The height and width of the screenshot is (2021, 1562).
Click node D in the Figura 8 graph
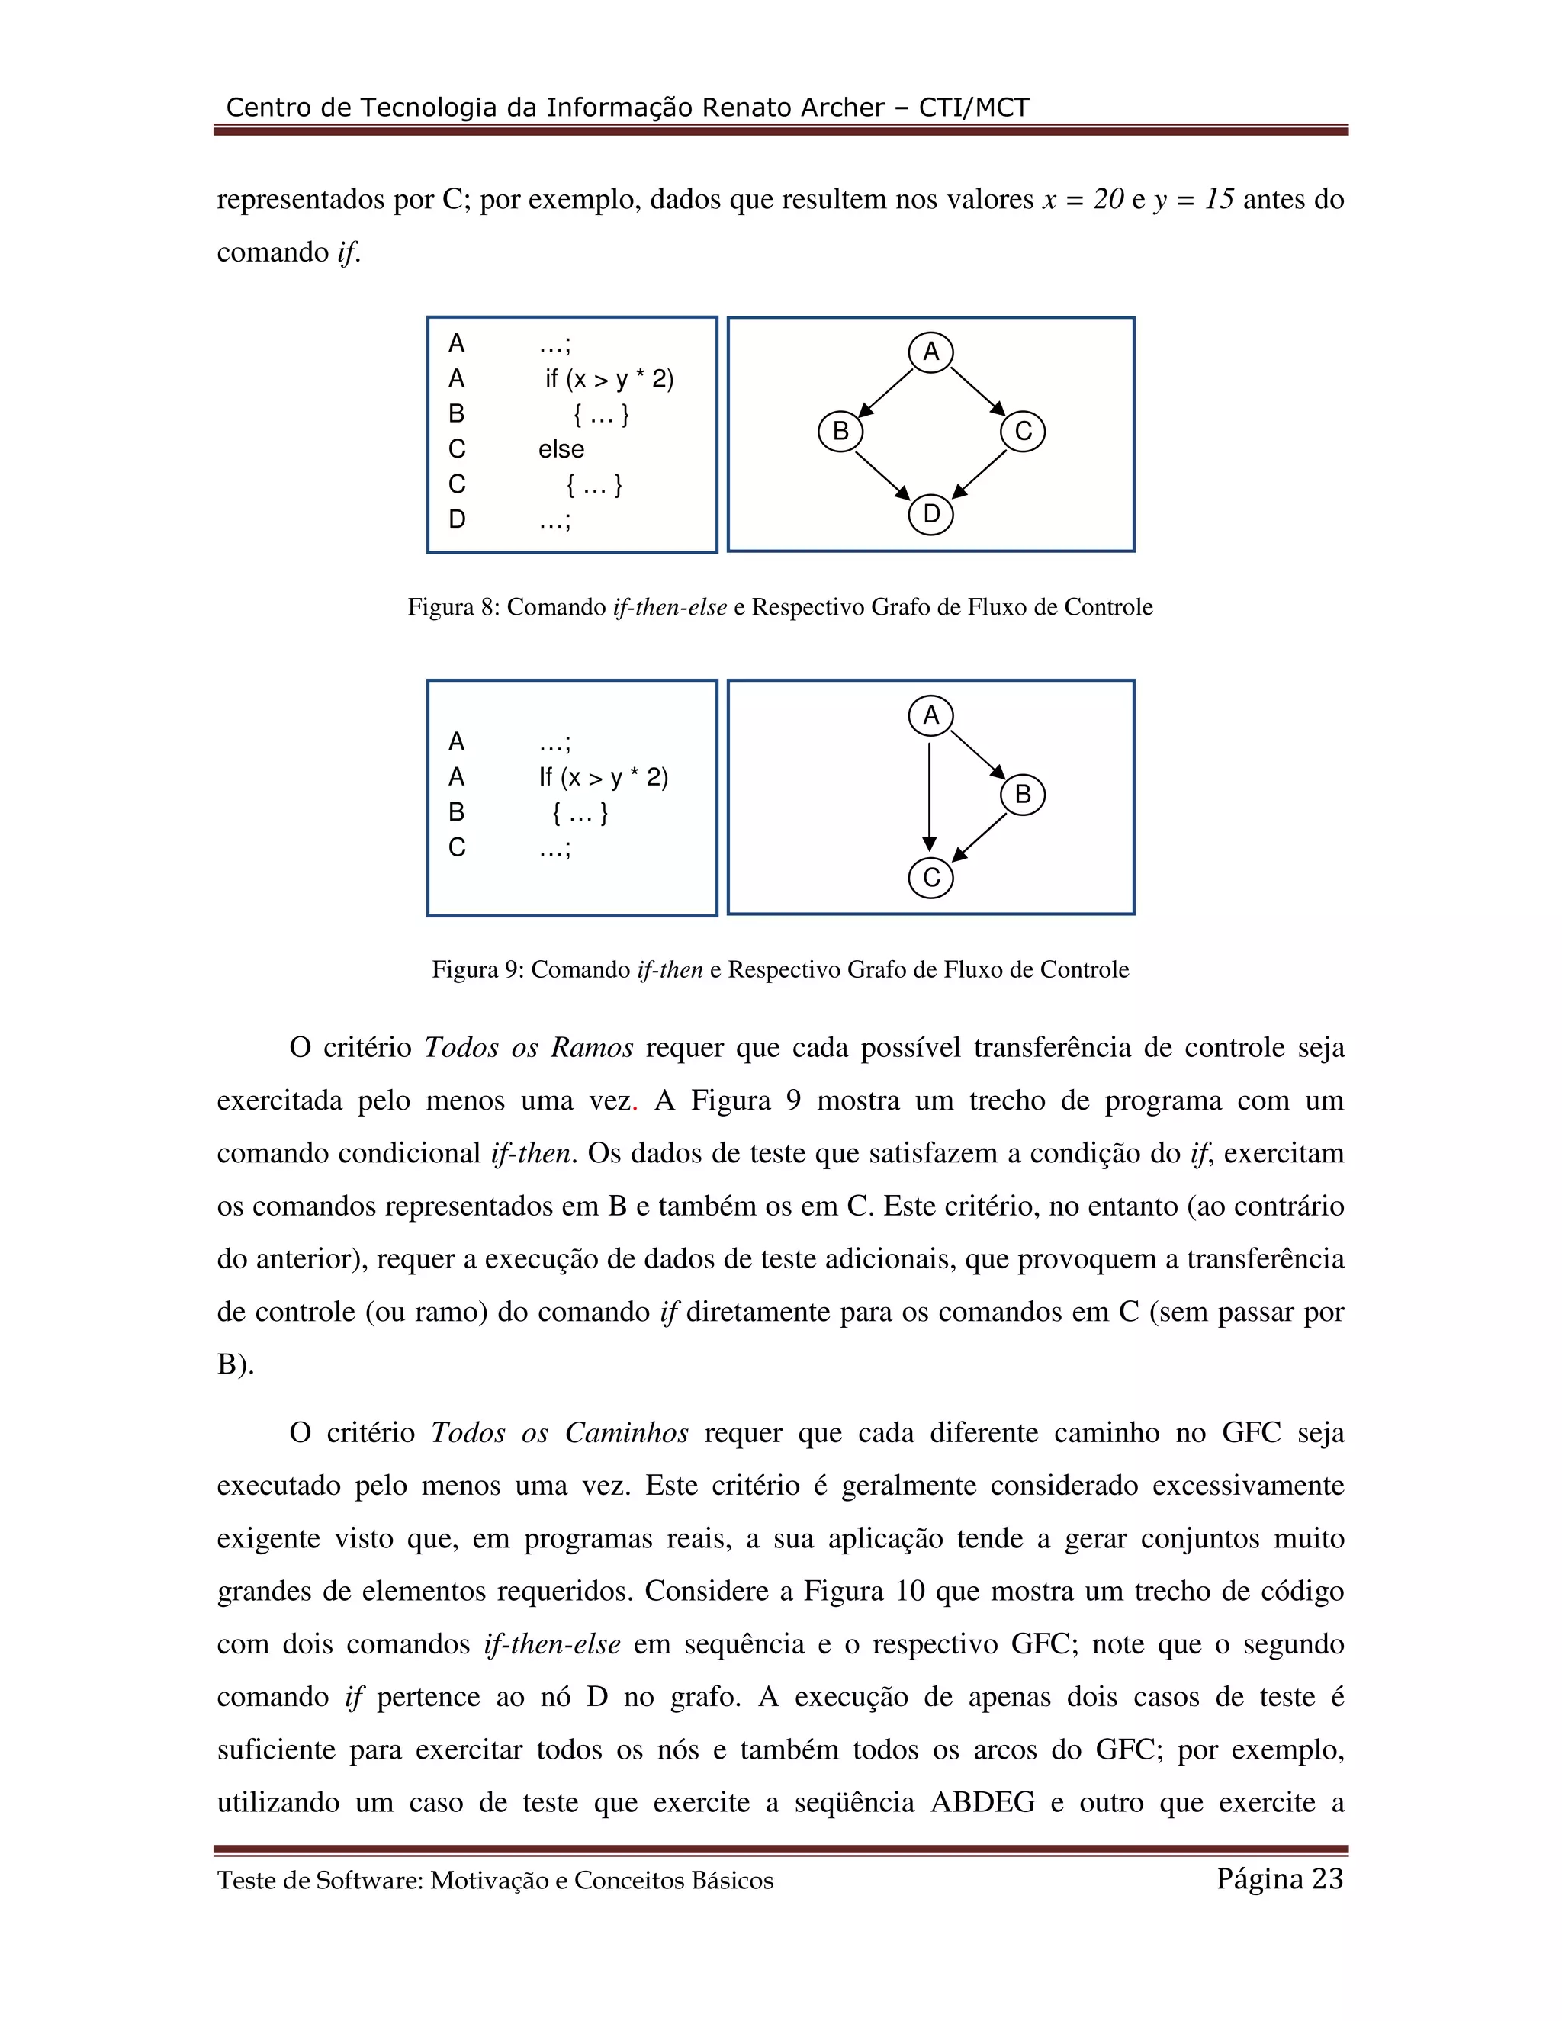coord(931,513)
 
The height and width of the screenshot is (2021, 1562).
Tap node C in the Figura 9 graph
coord(931,877)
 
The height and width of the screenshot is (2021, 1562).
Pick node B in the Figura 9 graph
coord(1023,794)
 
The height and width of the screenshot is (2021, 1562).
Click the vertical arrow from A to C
coord(929,795)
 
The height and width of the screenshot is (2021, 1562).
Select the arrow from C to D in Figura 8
coord(979,473)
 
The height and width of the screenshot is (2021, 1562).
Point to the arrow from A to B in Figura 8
coord(886,391)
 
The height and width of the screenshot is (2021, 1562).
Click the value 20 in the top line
coord(1107,199)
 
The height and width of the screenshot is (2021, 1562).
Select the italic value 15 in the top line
coord(1219,199)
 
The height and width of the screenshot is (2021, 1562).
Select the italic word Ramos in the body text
coord(592,1048)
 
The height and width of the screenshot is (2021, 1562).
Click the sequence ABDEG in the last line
coord(982,1803)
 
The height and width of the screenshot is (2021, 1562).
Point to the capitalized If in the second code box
coord(546,777)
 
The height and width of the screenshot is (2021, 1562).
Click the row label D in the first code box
coord(457,519)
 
